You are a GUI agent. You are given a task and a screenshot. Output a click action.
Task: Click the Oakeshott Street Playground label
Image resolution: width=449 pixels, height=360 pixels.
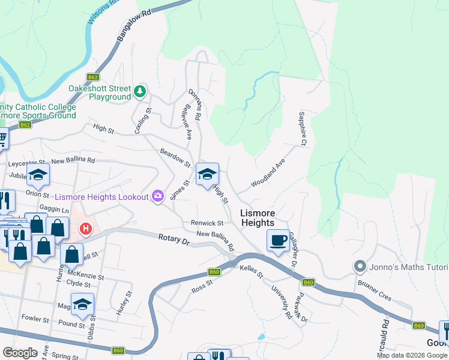pos(99,92)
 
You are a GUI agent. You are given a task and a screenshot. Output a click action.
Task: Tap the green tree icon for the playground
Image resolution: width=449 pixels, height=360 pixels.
pos(140,91)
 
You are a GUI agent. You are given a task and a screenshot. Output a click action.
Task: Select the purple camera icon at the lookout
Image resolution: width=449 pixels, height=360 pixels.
pos(158,196)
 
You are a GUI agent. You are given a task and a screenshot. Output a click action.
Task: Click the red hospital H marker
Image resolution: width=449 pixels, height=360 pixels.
pos(86,229)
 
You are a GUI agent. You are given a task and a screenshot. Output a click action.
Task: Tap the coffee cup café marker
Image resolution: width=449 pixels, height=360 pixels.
pos(277,241)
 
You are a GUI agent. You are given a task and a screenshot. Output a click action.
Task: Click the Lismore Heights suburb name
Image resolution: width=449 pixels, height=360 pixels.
pos(258,218)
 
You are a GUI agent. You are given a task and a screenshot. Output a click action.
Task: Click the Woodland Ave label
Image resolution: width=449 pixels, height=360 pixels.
pos(268,173)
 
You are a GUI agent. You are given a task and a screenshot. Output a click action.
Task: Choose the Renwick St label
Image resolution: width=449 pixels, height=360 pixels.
pos(207,223)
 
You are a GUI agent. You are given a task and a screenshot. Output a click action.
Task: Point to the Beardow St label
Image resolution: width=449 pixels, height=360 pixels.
pos(175,158)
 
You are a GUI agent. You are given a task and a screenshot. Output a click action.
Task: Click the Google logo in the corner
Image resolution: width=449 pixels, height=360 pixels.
pos(19,352)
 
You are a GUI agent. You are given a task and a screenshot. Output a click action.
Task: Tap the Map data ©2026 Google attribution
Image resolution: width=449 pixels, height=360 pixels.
pos(412,355)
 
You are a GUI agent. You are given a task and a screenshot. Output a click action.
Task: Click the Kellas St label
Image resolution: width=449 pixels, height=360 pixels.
pos(252,267)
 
